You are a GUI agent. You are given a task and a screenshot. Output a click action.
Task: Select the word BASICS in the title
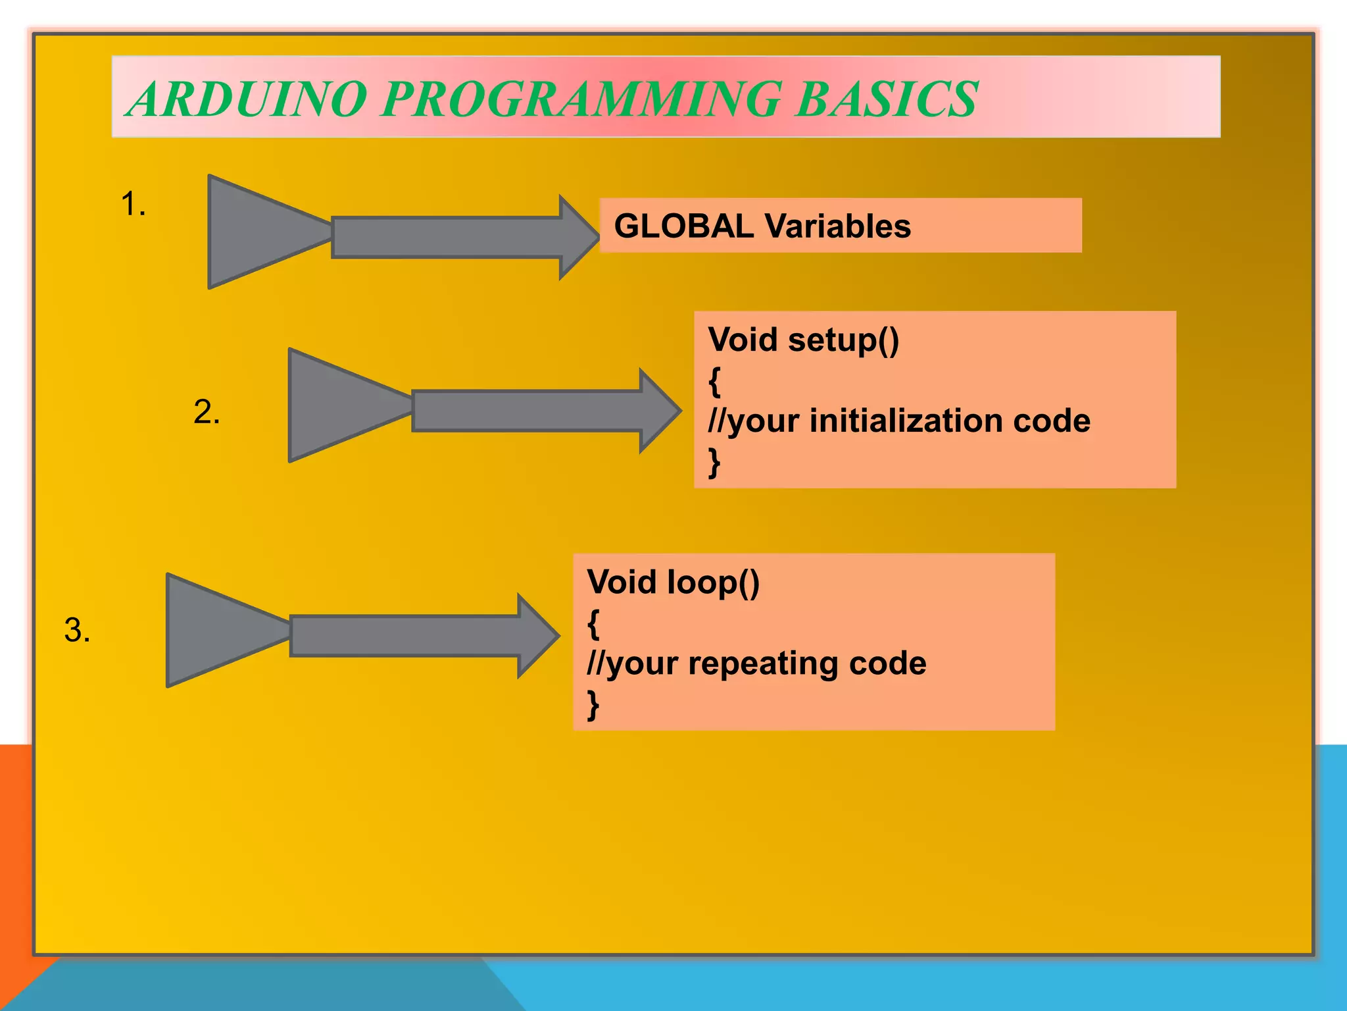pos(887,99)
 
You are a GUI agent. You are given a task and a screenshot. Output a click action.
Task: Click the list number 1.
pos(133,204)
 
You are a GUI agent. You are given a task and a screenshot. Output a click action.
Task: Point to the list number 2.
pos(207,413)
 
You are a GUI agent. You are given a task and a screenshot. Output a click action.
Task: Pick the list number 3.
pos(77,631)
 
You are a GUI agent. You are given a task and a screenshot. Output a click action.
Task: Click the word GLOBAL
pos(684,226)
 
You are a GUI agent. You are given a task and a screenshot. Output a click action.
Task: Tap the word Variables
pos(838,226)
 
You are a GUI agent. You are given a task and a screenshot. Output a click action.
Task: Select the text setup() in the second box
pos(843,341)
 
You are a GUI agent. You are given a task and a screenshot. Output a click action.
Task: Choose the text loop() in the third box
pos(713,583)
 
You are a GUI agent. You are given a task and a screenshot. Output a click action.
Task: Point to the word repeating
pos(763,663)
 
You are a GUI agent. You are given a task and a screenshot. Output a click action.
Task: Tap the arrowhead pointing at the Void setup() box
pos(659,411)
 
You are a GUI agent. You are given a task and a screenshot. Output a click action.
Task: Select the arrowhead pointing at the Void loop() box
pos(537,636)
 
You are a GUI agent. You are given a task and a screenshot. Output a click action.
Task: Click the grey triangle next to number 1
pos(257,232)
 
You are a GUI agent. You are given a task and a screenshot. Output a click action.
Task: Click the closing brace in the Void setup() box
pos(714,462)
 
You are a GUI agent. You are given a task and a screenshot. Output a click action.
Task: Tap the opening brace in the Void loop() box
pos(593,624)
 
